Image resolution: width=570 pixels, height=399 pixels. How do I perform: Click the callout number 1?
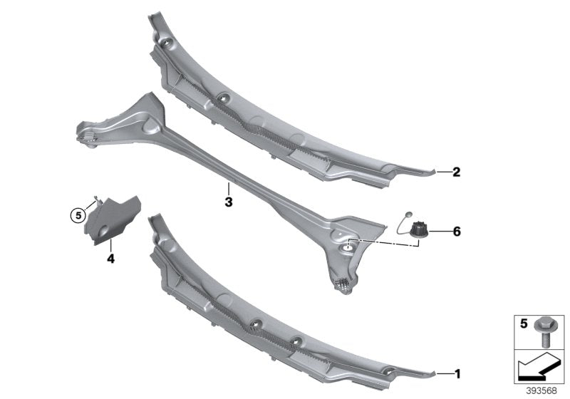[x=457, y=373]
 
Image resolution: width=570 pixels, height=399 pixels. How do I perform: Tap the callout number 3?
[x=228, y=202]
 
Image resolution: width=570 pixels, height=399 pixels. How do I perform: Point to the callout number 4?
[x=110, y=259]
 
